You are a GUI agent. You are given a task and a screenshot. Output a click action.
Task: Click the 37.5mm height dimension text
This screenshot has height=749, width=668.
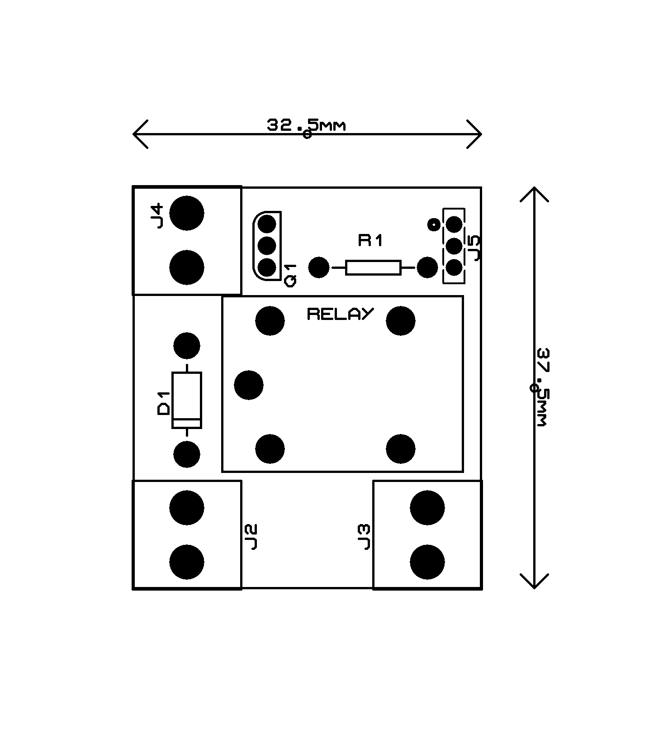point(542,387)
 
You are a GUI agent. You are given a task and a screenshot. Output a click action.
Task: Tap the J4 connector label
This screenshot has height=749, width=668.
point(157,216)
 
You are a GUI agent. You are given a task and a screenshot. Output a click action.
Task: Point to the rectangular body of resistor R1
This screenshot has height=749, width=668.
point(373,267)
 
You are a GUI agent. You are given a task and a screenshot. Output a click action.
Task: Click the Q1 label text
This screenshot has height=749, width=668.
point(290,275)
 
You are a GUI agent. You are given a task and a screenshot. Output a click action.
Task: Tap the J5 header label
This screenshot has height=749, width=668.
point(475,247)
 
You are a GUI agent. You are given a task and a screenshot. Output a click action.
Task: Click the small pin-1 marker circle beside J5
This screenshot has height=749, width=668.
point(433,224)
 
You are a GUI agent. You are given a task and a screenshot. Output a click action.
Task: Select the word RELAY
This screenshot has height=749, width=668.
point(340,314)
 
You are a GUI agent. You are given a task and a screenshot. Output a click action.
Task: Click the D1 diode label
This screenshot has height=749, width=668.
point(163,403)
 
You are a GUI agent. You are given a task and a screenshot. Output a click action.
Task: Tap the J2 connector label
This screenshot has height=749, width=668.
point(251,537)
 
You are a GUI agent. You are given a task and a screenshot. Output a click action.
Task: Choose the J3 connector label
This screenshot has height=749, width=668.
point(364,537)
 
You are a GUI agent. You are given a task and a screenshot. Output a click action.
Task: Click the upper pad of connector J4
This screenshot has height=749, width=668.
point(187,213)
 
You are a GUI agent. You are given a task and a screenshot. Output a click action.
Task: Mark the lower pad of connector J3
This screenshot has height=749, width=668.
point(427,562)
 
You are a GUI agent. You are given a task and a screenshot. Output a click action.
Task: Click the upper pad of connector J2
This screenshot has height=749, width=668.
point(187,507)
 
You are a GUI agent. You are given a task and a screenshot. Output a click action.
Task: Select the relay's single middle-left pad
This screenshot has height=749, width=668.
point(248,385)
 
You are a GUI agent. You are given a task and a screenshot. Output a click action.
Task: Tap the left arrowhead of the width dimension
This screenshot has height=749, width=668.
point(136,134)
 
